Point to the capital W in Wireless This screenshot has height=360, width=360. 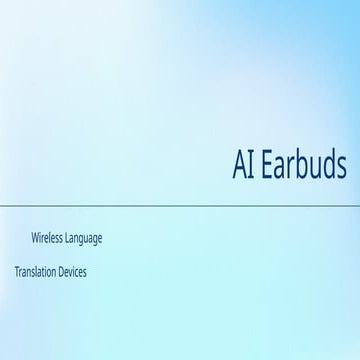pos(37,239)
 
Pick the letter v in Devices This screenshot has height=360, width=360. pos(76,272)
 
